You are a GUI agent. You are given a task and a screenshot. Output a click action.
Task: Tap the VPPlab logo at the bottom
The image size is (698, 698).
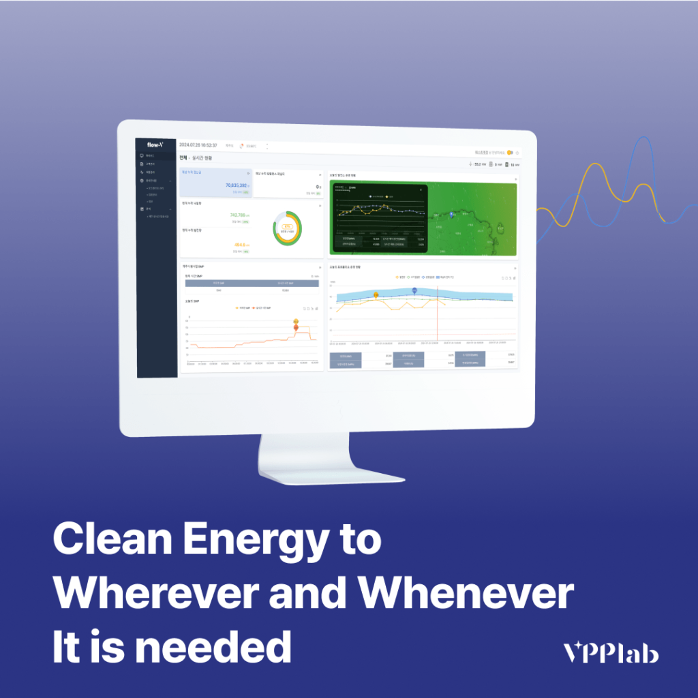611,653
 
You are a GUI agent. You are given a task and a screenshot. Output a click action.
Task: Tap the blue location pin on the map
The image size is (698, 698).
451,215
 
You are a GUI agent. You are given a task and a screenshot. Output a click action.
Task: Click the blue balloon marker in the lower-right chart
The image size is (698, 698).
414,291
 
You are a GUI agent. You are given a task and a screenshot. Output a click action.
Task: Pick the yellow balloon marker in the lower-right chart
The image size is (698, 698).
376,294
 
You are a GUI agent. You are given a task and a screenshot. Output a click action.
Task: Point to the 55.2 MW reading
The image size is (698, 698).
479,164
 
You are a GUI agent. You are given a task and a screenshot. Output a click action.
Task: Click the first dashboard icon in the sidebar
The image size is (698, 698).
141,156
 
